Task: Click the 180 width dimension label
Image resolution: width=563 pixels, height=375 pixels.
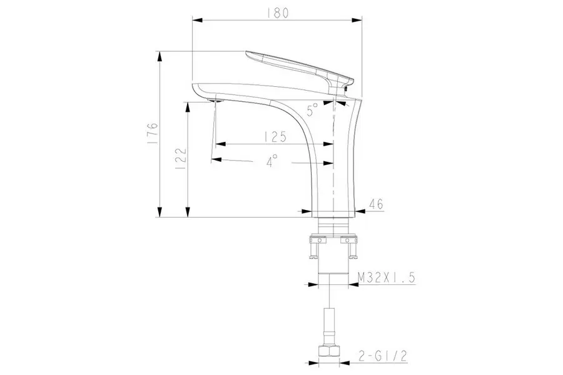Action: coord(278,13)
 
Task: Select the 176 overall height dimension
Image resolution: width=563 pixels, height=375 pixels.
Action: coord(153,134)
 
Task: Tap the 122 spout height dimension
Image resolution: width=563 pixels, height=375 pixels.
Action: coord(181,159)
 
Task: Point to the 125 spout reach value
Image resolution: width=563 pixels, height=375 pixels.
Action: coord(275,137)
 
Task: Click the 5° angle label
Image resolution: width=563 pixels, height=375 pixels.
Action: coord(312,109)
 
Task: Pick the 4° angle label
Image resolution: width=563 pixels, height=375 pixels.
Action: coord(272,161)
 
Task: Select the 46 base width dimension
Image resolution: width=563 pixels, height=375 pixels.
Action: coord(376,204)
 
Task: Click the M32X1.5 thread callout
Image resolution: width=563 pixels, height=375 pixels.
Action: coord(387,277)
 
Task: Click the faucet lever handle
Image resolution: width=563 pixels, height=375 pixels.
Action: coord(300,69)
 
